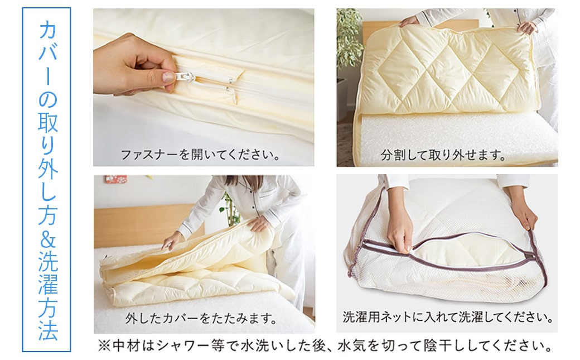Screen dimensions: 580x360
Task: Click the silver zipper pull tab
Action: pos(186,76)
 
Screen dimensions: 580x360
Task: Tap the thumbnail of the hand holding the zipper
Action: pos(204,88)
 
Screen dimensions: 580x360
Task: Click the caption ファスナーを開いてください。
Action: pos(200,155)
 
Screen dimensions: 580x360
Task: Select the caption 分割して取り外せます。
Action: pos(443,155)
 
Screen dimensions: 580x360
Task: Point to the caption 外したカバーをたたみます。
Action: pos(201,318)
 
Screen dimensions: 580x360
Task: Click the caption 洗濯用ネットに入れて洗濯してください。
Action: pos(448,317)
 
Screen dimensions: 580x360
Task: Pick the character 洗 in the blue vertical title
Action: pos(48,262)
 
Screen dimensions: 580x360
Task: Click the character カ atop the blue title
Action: pos(48,29)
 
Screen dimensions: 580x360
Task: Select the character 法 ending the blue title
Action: pos(48,330)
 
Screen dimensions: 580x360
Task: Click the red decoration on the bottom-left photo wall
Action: pos(115,179)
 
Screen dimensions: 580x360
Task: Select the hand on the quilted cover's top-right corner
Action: pos(527,27)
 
